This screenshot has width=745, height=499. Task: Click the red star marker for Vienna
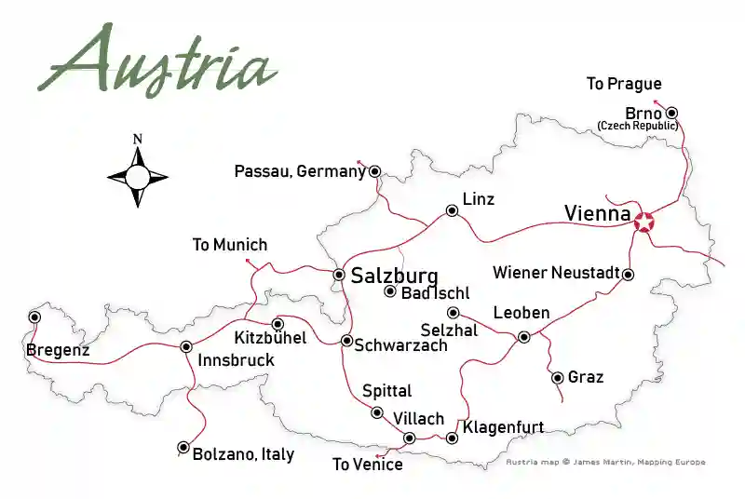click(643, 222)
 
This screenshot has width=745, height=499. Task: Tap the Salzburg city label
click(394, 276)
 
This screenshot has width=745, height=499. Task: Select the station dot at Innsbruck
click(185, 346)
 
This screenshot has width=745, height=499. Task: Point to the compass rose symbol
click(138, 175)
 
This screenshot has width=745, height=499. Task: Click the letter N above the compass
click(138, 140)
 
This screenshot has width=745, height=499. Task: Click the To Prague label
click(624, 85)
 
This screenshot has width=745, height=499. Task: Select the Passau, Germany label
click(300, 171)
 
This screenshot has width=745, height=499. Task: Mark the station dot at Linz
click(452, 211)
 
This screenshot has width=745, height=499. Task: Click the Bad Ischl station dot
click(390, 291)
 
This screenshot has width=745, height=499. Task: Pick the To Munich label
click(229, 246)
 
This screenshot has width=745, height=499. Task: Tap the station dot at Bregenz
click(34, 317)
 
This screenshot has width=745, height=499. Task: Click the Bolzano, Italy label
click(243, 454)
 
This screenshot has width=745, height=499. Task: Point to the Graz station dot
click(557, 377)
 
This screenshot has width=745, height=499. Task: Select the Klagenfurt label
click(503, 428)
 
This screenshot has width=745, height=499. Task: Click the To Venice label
click(368, 465)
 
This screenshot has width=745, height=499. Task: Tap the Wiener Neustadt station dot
click(628, 274)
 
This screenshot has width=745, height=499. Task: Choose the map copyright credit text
click(605, 462)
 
